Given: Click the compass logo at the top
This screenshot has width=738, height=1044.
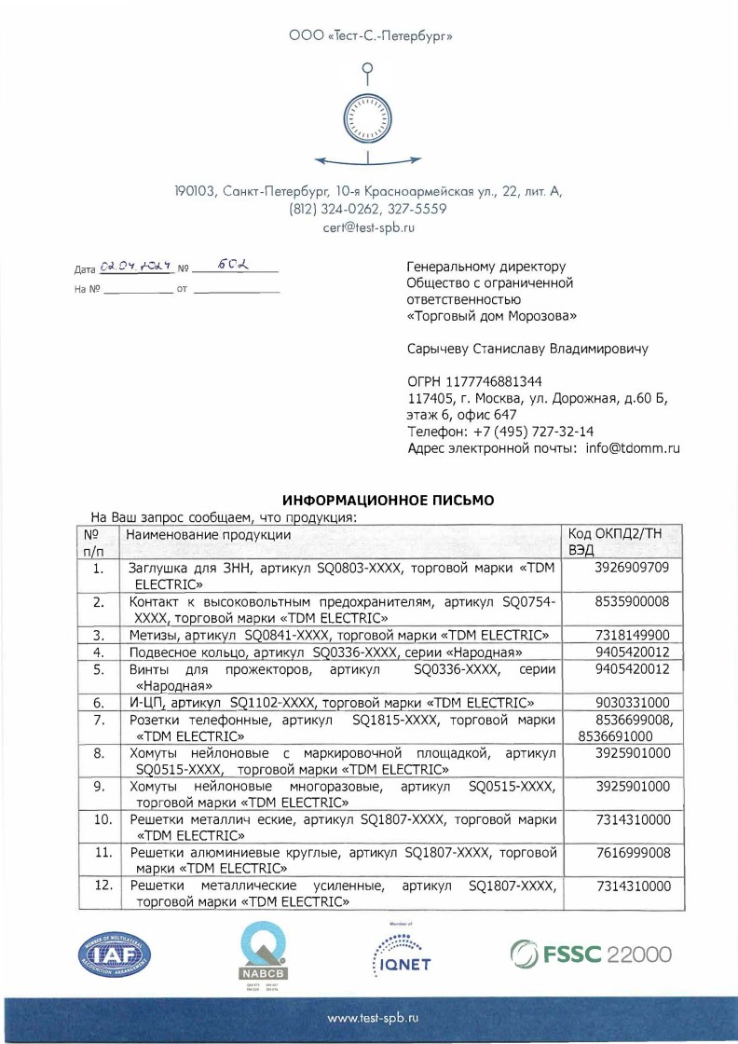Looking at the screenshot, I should point(368,116).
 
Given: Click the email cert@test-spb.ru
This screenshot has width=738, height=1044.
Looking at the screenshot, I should point(368,227).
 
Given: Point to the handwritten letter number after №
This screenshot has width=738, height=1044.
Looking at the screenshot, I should point(231,266).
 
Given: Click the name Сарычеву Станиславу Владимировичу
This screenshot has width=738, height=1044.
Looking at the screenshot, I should point(527,350).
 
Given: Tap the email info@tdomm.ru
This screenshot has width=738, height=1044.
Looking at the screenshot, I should point(632,448).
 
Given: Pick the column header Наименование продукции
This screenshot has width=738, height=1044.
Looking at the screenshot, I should point(208,535).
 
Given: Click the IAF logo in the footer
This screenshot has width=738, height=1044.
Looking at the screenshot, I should point(113,957).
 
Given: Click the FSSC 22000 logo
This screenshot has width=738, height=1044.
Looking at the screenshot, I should point(589,956).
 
